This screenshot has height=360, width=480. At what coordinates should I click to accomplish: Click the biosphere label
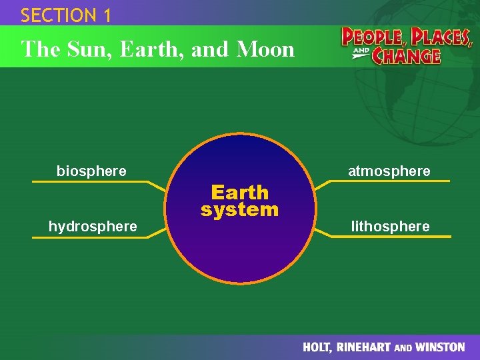tap(91, 171)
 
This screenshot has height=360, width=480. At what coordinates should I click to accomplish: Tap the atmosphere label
tap(389, 171)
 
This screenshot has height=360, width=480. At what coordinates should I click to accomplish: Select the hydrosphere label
tap(93, 227)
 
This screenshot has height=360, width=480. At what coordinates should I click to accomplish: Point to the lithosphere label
tap(391, 227)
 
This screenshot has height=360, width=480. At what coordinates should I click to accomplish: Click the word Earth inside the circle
tap(239, 193)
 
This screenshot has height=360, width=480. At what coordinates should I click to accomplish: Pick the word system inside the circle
tap(239, 210)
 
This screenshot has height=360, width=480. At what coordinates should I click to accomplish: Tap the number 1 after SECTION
tap(107, 15)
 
